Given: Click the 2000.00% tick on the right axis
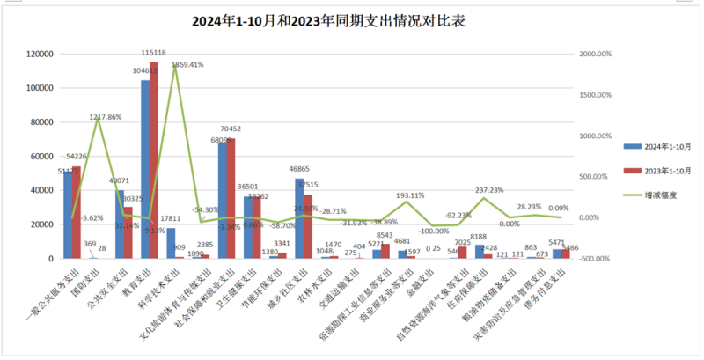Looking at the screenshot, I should click(x=598, y=55).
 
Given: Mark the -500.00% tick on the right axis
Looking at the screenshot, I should click(x=598, y=259).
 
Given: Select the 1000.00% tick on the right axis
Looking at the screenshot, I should click(x=598, y=136).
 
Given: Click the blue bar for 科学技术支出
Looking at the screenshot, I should click(x=171, y=243).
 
